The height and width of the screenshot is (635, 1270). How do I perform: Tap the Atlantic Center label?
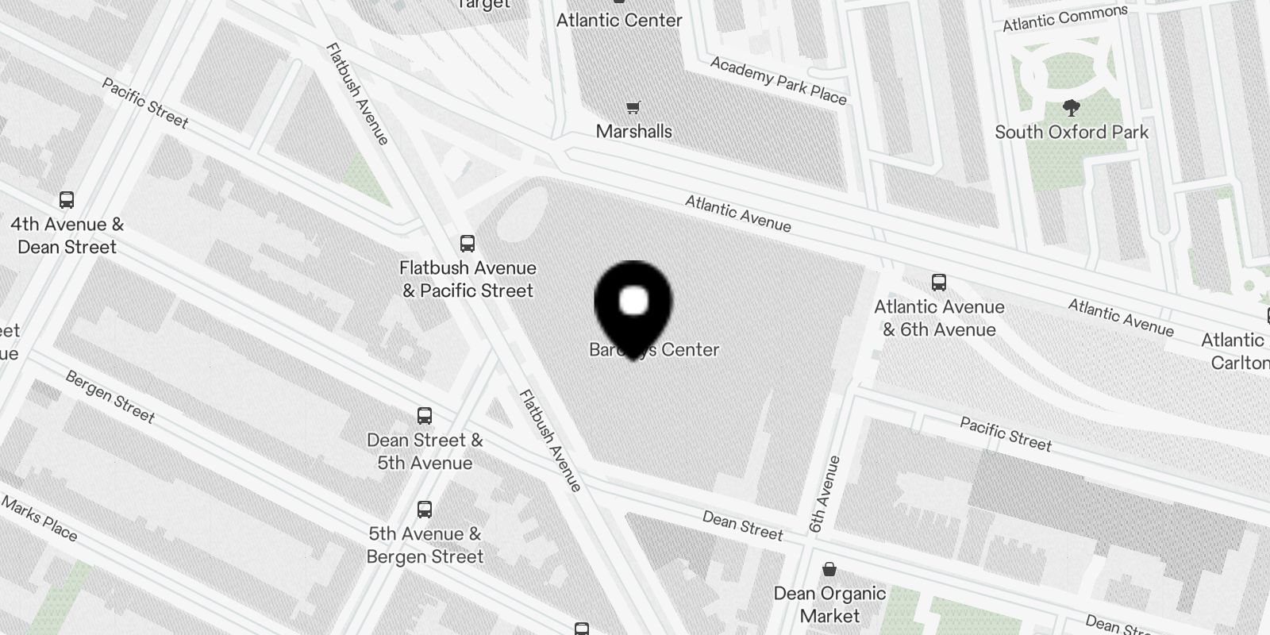click(x=619, y=21)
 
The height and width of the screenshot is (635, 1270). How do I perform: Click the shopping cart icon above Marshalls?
click(x=633, y=108)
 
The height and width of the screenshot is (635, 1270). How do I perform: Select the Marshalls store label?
click(x=633, y=131)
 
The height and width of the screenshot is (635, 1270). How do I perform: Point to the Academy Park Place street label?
click(x=779, y=80)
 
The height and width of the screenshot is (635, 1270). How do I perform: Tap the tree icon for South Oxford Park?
click(x=1072, y=109)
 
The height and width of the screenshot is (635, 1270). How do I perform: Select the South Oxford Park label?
click(x=1072, y=132)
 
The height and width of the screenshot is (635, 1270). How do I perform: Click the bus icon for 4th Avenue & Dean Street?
click(x=67, y=200)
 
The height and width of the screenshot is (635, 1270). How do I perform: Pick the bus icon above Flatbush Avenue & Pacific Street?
click(x=468, y=244)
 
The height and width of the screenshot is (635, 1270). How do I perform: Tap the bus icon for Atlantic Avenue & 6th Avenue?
click(x=939, y=283)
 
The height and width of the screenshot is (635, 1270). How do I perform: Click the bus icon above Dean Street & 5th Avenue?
click(x=425, y=416)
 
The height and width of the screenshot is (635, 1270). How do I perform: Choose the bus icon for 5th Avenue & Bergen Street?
click(x=425, y=510)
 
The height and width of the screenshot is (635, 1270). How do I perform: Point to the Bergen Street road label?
click(x=110, y=397)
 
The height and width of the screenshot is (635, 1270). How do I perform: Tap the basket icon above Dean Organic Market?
click(x=829, y=569)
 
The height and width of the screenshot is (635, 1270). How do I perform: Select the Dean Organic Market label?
click(x=829, y=604)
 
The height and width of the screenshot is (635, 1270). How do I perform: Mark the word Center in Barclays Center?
click(x=690, y=350)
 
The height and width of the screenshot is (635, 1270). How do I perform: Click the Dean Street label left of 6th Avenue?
click(x=742, y=525)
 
